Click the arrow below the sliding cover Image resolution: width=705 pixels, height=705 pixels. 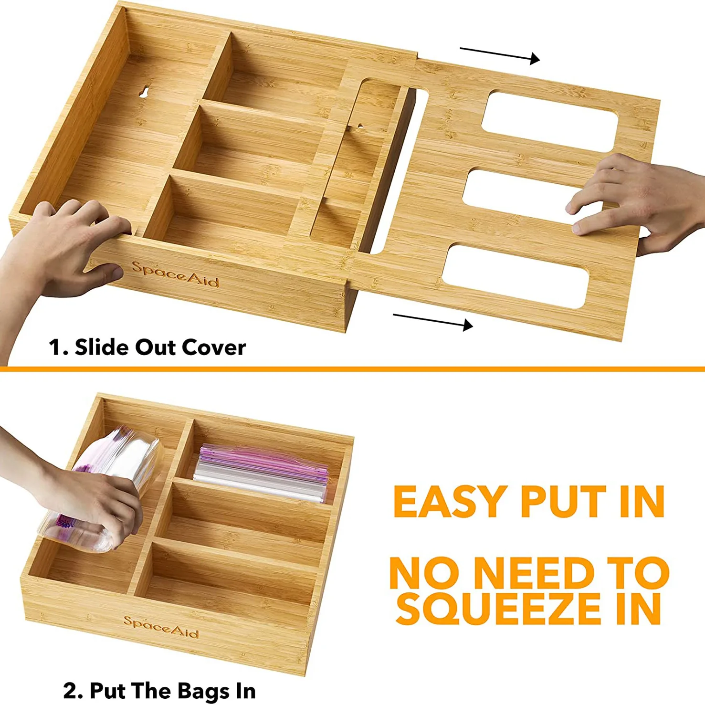point(432,320)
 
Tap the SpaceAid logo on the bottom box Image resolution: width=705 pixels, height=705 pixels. point(161,627)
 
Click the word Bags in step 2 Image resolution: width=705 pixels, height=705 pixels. point(201,691)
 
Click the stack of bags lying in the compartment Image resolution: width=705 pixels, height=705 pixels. point(263,473)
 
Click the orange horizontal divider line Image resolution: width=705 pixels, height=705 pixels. point(352,369)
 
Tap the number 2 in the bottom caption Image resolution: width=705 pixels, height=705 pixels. point(70,691)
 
